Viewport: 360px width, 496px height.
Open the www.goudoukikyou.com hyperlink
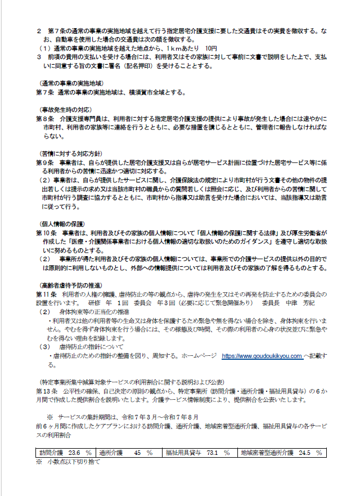point(262,356)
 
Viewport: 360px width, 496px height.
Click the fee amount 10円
point(211,49)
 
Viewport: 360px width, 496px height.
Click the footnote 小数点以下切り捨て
point(71,461)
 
